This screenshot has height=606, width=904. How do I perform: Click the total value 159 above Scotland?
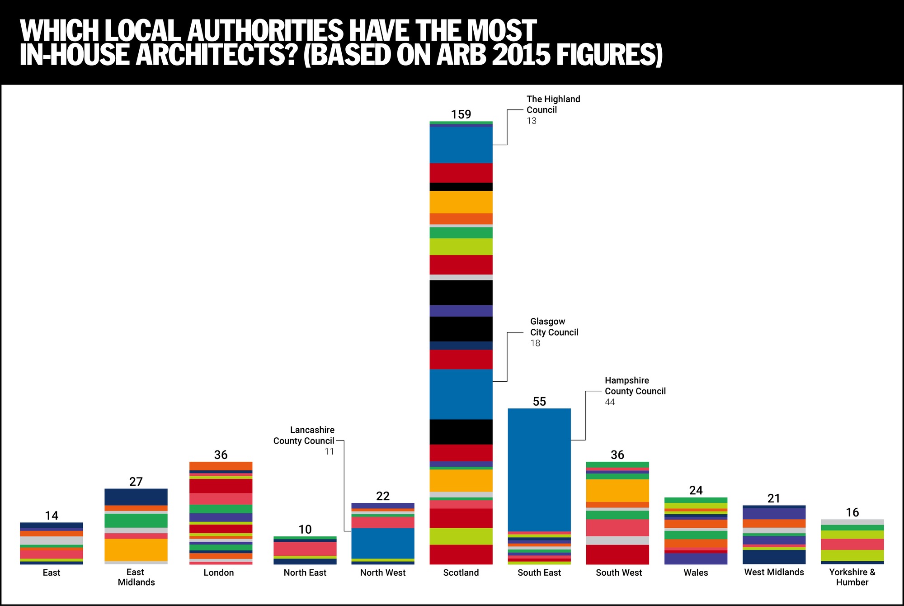(x=461, y=114)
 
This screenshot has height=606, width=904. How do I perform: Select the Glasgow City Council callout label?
(x=554, y=332)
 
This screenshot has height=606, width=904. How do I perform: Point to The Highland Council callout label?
(x=553, y=109)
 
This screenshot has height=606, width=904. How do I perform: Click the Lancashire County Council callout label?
(x=304, y=440)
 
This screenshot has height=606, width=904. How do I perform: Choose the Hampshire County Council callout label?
(x=635, y=391)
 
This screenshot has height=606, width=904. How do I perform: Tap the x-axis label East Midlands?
(x=136, y=577)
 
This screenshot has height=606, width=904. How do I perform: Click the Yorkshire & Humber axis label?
(x=852, y=577)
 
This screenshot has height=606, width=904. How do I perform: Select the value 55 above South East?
(x=539, y=402)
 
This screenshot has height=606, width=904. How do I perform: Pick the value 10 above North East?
(x=305, y=530)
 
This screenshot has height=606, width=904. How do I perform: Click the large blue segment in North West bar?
(x=383, y=543)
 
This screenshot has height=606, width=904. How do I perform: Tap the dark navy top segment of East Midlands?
(x=136, y=497)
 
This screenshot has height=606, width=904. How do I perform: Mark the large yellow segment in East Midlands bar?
(x=136, y=550)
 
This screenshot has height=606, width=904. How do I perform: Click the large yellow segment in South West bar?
(x=617, y=491)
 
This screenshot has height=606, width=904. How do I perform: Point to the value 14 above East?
(x=52, y=516)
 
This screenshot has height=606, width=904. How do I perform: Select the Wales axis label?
(x=696, y=573)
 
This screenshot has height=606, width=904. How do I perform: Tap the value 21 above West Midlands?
(x=774, y=498)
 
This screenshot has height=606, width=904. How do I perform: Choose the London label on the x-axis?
(x=219, y=573)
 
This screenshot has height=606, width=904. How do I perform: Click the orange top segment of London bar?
(x=221, y=466)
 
